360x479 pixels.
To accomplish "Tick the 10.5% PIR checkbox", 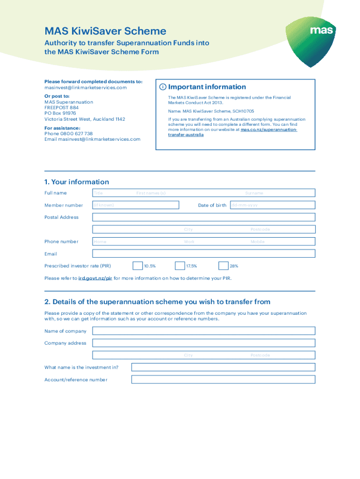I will coord(137,266).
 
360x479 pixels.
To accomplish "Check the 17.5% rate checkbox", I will coord(180,266).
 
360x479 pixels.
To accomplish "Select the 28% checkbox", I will coord(223,266).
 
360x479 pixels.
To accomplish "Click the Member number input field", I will coord(136,205).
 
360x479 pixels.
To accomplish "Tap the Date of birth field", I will coord(272,205).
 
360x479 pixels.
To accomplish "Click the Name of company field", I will coord(203,331).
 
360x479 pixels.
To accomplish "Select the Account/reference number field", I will coord(223,379).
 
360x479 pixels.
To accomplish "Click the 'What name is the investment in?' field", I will coord(223,367).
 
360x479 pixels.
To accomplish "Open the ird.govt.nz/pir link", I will coord(95,278).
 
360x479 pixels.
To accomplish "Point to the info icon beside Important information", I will coord(162,87).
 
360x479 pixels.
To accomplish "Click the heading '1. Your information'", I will coord(77,182).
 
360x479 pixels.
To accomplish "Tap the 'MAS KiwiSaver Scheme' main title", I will coord(105,31).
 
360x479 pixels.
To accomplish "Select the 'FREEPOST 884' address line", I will coord(62,108).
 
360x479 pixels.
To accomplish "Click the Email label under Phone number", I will coord(50,254).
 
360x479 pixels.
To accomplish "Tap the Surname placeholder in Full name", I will coord(254,193).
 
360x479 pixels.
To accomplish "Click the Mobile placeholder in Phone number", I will coord(257,242).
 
